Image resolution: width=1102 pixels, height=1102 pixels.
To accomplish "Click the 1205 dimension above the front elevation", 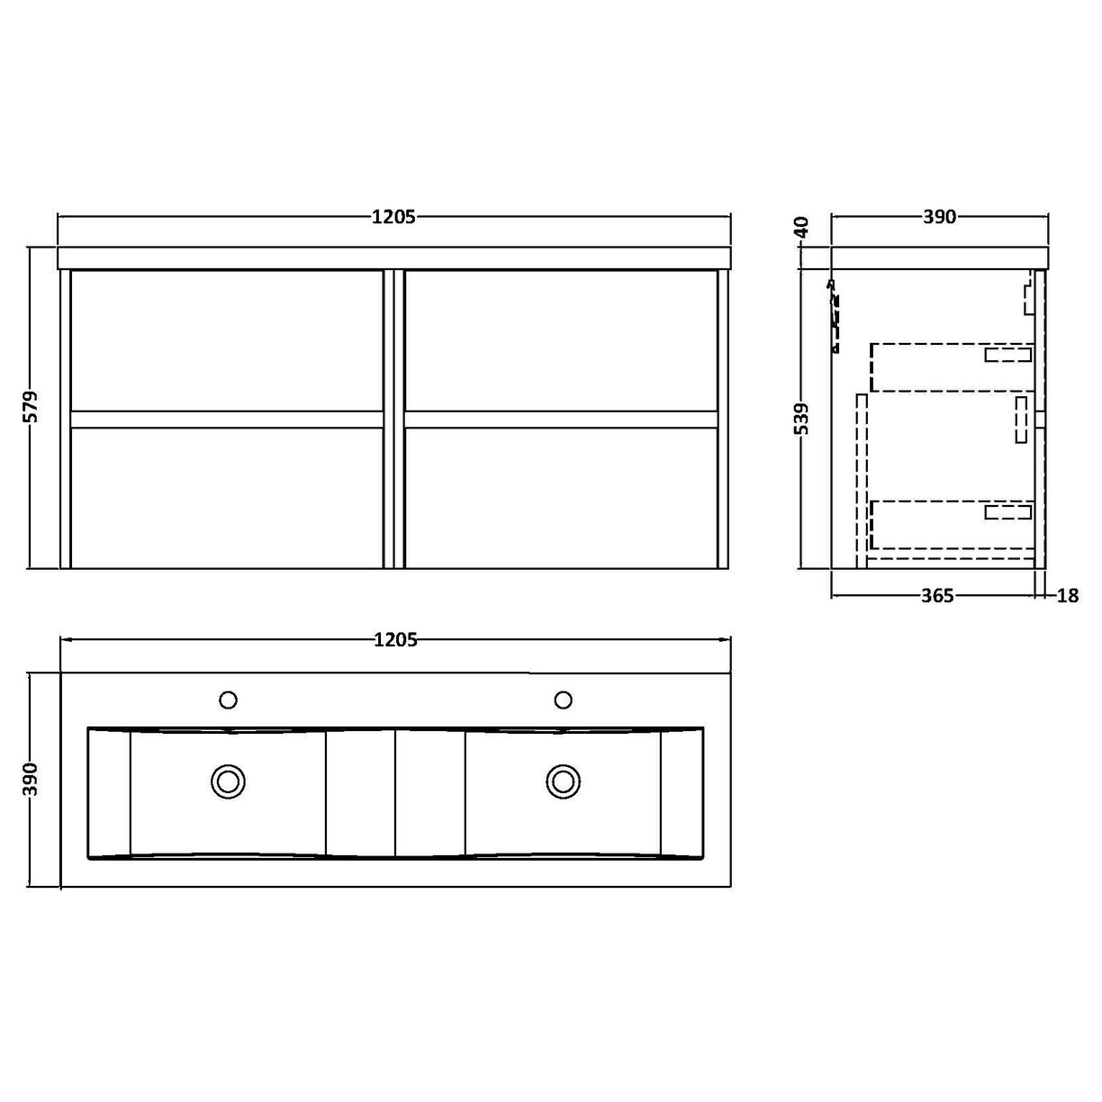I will coord(393,217).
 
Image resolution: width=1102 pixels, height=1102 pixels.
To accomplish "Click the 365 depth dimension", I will coord(937,596).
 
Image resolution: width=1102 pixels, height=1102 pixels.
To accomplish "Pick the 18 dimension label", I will coord(1068,596).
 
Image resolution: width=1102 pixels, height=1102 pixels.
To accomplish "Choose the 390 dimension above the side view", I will coord(939,217).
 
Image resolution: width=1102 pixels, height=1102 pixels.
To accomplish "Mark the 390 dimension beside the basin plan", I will coord(30,779).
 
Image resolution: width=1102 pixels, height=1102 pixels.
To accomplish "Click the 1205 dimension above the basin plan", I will coord(394,640).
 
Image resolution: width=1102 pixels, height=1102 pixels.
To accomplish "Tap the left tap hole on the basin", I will coord(228,700).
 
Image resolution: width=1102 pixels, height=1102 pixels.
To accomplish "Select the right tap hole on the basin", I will coord(564,700).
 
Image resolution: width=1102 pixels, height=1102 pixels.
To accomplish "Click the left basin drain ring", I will coord(228,781).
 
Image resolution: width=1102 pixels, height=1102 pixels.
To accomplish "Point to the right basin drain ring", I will coord(564,781).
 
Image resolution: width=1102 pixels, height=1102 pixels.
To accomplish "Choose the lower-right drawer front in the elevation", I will coord(562,497).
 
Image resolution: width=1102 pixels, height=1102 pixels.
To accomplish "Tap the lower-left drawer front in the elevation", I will coord(227,497).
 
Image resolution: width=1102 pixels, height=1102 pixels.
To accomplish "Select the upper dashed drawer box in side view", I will coord(950,367).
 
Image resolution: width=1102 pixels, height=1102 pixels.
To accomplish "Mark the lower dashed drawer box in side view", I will coord(950,524).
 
